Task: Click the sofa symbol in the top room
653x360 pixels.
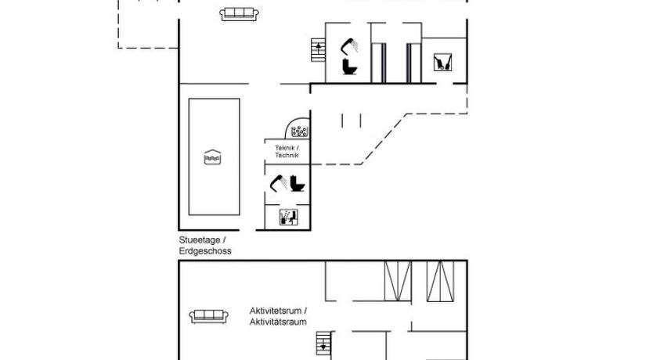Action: tap(240, 13)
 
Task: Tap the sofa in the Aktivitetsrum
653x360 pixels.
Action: tap(209, 316)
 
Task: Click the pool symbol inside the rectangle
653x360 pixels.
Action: tap(213, 157)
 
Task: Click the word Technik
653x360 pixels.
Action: tap(287, 156)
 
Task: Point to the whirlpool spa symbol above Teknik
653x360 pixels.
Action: tap(299, 131)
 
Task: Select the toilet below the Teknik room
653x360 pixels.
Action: tap(298, 184)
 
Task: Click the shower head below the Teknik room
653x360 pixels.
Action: tap(277, 183)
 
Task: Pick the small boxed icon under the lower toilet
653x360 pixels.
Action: tap(289, 217)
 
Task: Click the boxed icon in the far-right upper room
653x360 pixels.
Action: tap(443, 63)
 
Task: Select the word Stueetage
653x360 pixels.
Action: tap(200, 240)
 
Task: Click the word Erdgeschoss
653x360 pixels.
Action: tap(205, 251)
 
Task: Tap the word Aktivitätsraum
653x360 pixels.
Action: tap(277, 322)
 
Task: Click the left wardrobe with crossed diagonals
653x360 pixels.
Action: tap(398, 281)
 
